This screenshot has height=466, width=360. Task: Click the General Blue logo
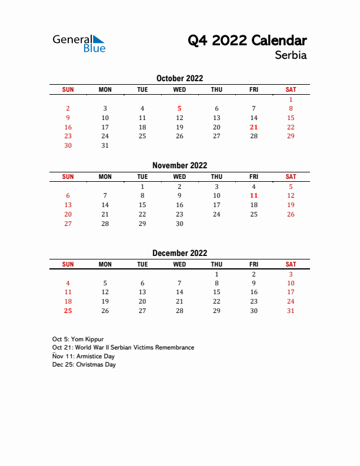(79, 44)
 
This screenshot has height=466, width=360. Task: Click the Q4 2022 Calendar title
(247, 41)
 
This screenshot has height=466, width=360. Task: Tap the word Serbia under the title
(291, 56)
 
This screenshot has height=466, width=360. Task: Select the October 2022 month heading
(179, 78)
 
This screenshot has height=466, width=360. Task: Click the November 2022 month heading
(179, 166)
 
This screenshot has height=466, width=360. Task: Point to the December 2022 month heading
(179, 254)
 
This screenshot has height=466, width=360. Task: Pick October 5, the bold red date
(179, 108)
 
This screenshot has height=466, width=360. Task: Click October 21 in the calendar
(254, 127)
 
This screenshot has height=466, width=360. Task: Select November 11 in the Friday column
(254, 195)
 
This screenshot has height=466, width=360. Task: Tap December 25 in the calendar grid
(68, 311)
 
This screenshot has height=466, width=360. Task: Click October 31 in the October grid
(105, 146)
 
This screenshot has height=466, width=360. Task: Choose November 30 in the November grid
(179, 224)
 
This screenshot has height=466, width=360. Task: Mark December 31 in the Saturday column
(291, 311)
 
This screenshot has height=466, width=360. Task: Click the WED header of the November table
(179, 177)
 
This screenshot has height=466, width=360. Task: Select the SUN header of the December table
(68, 265)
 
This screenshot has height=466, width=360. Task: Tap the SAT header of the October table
(291, 89)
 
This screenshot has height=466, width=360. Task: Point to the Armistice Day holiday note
(84, 357)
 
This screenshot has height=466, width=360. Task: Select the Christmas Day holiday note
(84, 365)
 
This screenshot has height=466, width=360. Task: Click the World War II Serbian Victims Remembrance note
(123, 348)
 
